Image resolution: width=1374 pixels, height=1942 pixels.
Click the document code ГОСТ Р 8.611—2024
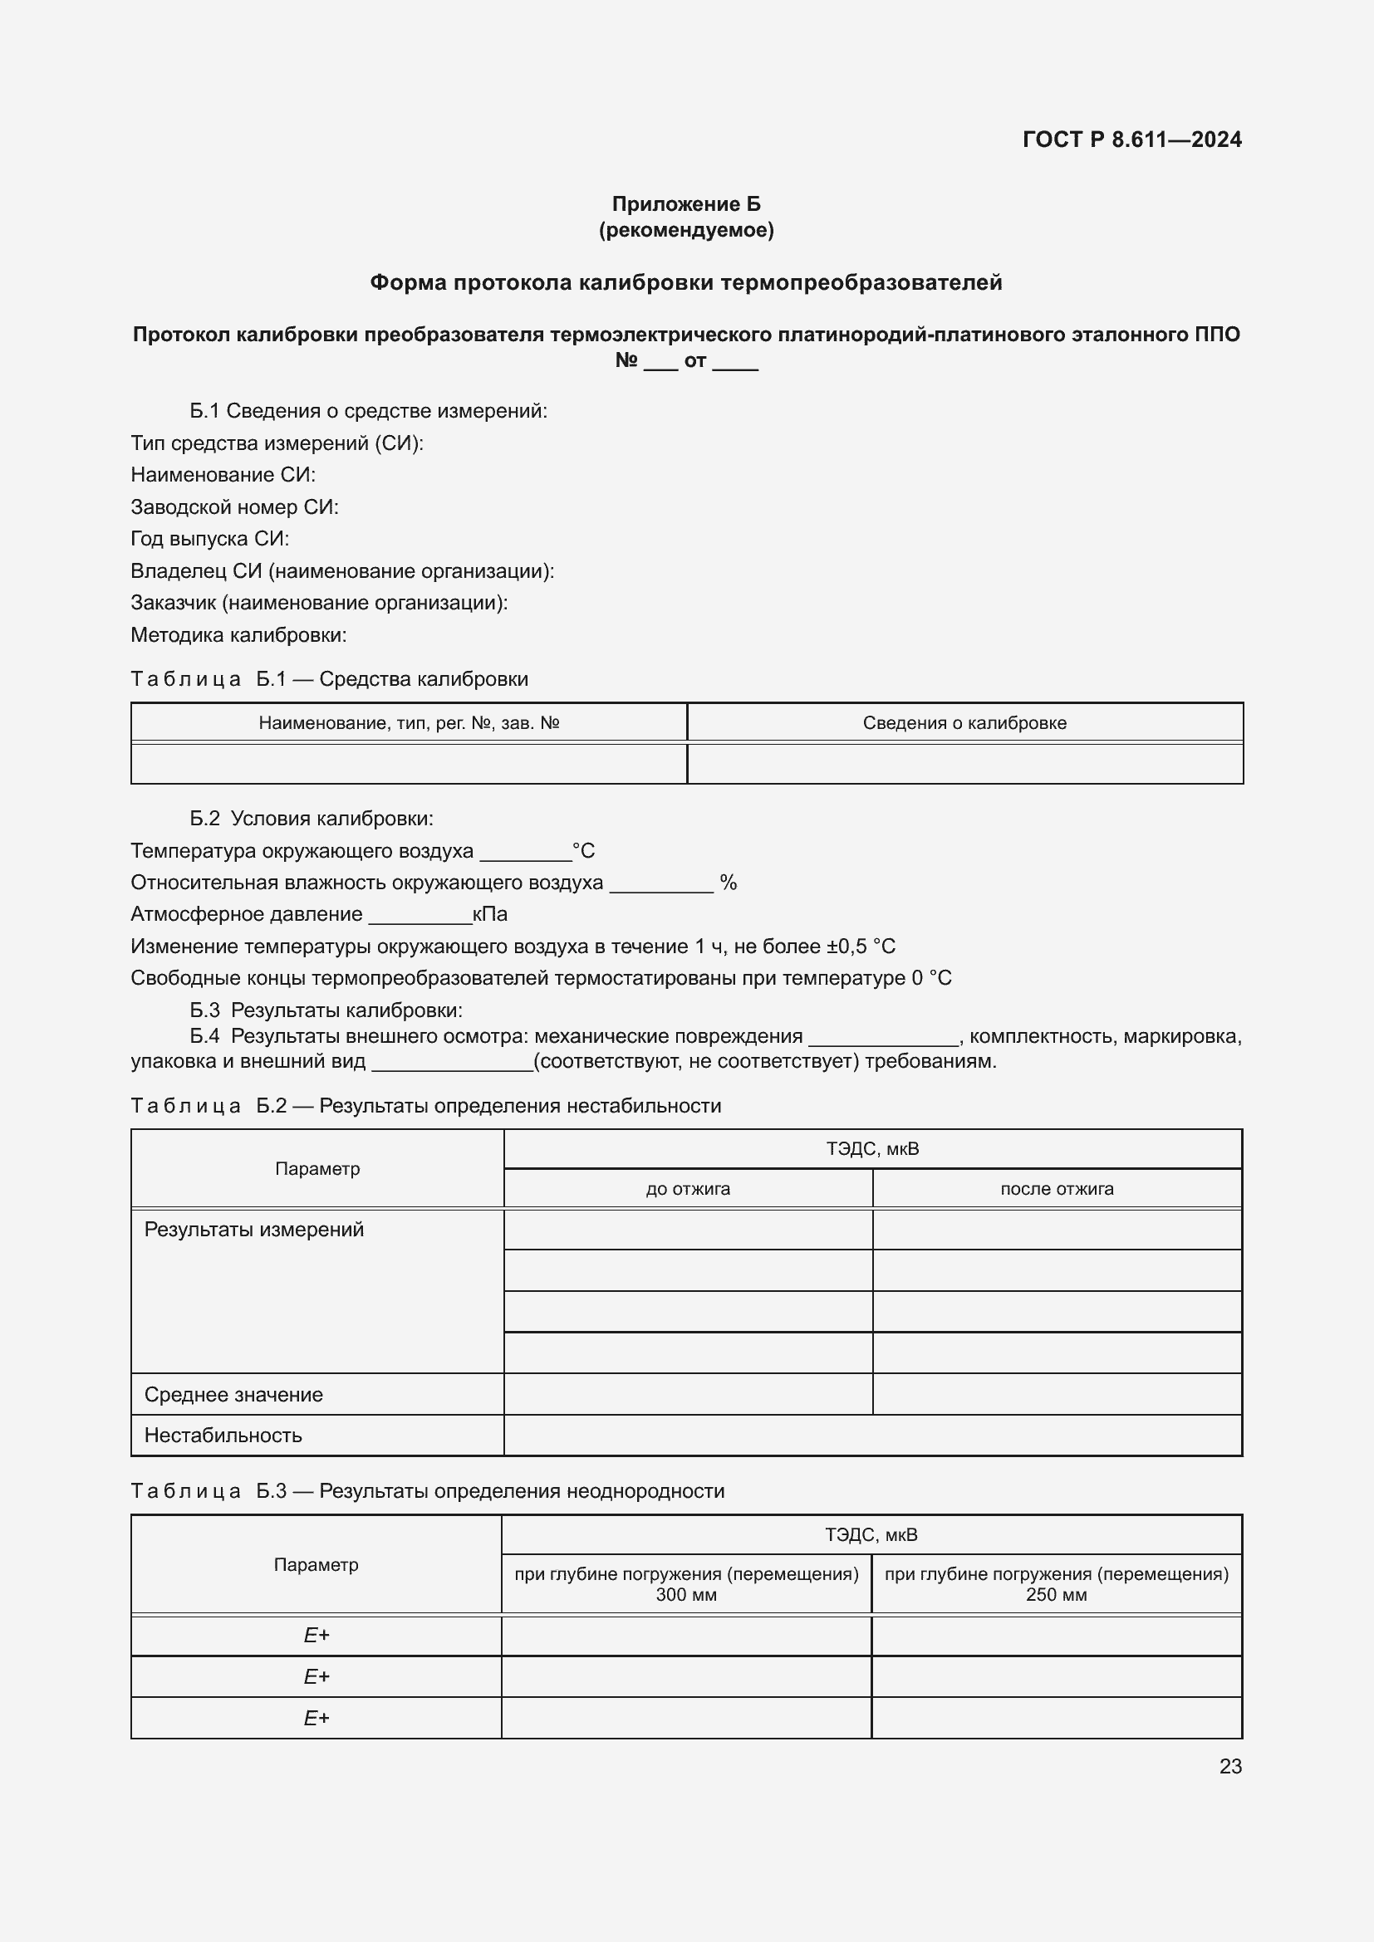1131,139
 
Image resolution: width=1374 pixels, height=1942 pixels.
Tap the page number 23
1230,1766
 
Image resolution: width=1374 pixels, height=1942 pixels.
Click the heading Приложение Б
686,204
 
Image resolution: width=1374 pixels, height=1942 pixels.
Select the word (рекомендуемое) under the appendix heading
686,230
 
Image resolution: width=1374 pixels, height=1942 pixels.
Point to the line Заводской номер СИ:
234,507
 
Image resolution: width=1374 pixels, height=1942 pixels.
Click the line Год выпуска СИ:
210,539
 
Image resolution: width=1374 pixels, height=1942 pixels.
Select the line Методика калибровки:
238,635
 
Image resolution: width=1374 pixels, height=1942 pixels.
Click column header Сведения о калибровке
964,723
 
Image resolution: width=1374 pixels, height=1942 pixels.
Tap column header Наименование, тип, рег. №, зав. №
409,723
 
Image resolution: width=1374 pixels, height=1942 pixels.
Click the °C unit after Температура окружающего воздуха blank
584,851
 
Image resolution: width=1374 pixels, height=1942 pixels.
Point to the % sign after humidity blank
729,883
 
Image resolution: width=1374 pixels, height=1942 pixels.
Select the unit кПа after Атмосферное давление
490,914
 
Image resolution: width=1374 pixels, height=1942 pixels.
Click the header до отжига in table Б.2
688,1189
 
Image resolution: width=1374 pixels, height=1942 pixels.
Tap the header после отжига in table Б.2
1057,1189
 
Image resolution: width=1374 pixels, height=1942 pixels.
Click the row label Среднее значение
233,1395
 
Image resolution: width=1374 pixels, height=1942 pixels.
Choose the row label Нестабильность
223,1436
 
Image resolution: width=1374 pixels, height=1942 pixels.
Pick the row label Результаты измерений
254,1230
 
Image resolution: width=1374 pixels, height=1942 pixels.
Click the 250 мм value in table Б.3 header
1056,1595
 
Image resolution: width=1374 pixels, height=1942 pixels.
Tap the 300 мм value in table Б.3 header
686,1595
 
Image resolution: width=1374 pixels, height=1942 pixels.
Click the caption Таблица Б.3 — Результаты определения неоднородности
427,1491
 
